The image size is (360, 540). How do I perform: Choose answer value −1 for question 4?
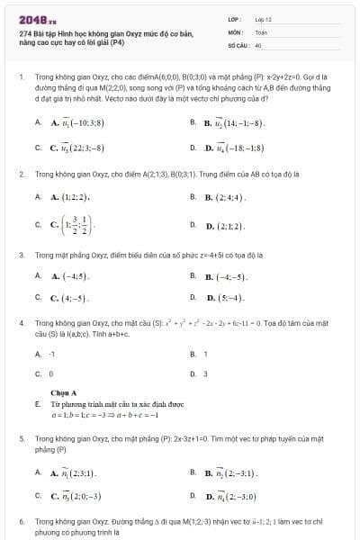(53, 354)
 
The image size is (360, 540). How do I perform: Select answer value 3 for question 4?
(206, 373)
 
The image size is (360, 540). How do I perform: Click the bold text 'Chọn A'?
(64, 392)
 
